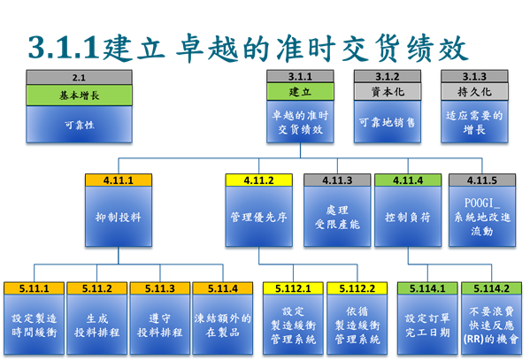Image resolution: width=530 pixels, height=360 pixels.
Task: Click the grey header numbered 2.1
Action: (79, 77)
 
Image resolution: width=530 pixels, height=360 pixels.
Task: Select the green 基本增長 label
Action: (79, 96)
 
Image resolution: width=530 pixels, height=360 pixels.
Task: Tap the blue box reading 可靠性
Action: (79, 125)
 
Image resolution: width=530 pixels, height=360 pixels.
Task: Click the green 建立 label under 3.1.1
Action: (300, 92)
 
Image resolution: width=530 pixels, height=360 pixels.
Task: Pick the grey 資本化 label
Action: (388, 92)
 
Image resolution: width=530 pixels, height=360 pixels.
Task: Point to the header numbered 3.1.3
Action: (474, 76)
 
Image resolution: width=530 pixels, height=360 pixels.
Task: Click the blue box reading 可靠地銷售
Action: (388, 122)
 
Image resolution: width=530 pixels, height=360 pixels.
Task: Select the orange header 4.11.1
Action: (119, 180)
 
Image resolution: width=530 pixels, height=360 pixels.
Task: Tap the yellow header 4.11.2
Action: (259, 180)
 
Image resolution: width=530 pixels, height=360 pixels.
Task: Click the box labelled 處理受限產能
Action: (337, 217)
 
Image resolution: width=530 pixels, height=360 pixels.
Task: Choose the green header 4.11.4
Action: (408, 180)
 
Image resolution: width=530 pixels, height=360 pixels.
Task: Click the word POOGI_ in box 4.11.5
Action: (481, 203)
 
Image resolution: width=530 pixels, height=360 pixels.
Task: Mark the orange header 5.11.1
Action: (34, 288)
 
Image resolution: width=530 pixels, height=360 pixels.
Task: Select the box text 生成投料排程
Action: (97, 326)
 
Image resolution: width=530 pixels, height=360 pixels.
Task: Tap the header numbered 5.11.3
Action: (160, 288)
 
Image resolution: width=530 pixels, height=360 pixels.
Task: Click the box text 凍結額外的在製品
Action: (223, 326)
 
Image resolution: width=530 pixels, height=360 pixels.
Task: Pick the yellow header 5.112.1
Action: (293, 288)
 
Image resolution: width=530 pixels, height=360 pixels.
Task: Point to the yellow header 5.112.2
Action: (357, 288)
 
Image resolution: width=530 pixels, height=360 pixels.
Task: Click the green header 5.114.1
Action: (427, 288)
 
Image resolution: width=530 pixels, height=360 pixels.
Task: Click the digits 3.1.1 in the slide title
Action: (64, 48)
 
